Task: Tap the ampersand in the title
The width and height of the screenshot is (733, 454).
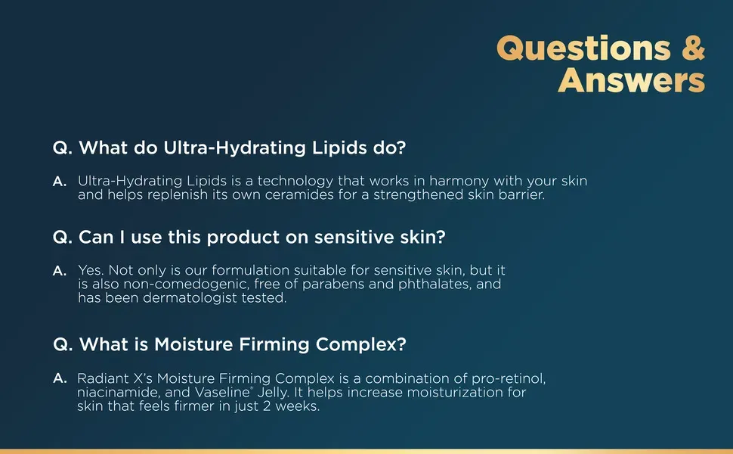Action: pyautogui.click(x=693, y=48)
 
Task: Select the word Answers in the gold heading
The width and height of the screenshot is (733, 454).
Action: pyautogui.click(x=631, y=80)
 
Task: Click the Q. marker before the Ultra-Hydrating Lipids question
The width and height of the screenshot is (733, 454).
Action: pyautogui.click(x=63, y=148)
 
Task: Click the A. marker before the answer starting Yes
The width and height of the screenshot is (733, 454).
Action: pyautogui.click(x=60, y=271)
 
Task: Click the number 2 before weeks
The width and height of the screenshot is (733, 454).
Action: pyautogui.click(x=267, y=406)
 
